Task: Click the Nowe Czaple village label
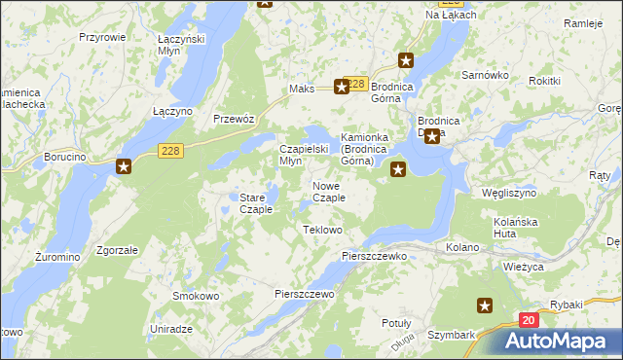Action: pyautogui.click(x=328, y=192)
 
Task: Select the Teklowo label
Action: pyautogui.click(x=323, y=230)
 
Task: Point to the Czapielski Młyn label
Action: pyautogui.click(x=305, y=154)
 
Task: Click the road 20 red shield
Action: pyautogui.click(x=528, y=320)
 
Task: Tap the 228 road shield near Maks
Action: pyautogui.click(x=357, y=85)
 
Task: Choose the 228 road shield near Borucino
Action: pyautogui.click(x=171, y=149)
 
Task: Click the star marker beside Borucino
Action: pyautogui.click(x=124, y=166)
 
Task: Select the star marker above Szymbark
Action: pyautogui.click(x=485, y=306)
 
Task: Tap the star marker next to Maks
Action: pyautogui.click(x=342, y=87)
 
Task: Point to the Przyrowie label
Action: pyautogui.click(x=102, y=36)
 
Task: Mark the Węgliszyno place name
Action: pyautogui.click(x=510, y=193)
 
